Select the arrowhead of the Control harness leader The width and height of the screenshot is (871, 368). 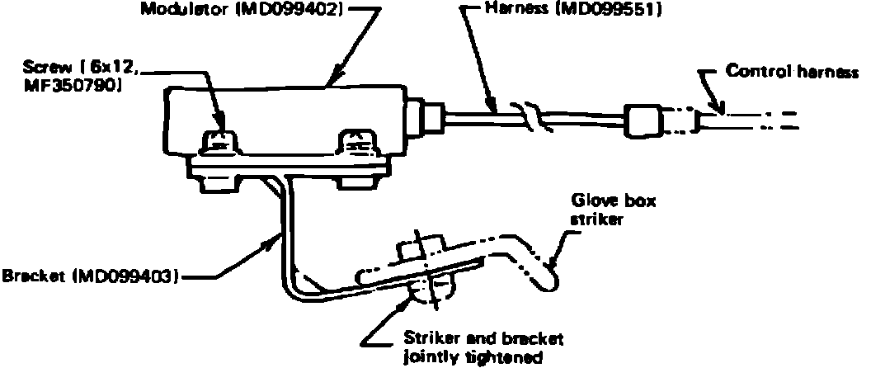coord(721,108)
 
